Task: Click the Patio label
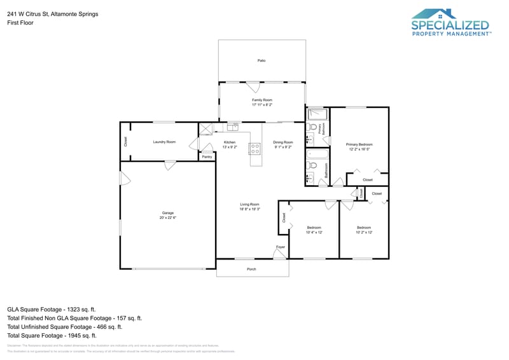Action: pyautogui.click(x=261, y=60)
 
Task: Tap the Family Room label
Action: pyautogui.click(x=261, y=100)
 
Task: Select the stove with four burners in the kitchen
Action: pyautogui.click(x=254, y=149)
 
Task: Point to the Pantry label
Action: pyautogui.click(x=207, y=156)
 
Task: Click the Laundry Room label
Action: pyautogui.click(x=164, y=142)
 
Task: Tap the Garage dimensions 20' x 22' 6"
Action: pyautogui.click(x=168, y=218)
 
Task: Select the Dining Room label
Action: pyautogui.click(x=283, y=142)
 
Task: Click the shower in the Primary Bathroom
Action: pyautogui.click(x=317, y=115)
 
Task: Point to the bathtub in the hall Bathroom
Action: pyautogui.click(x=317, y=155)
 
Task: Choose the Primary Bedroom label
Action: pyautogui.click(x=359, y=144)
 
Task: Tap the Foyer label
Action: pyautogui.click(x=281, y=246)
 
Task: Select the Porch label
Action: pyautogui.click(x=252, y=269)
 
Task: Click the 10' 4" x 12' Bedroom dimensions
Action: pyautogui.click(x=314, y=232)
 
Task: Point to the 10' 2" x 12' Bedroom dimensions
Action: pyautogui.click(x=364, y=232)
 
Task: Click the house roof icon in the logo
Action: pyautogui.click(x=434, y=14)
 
